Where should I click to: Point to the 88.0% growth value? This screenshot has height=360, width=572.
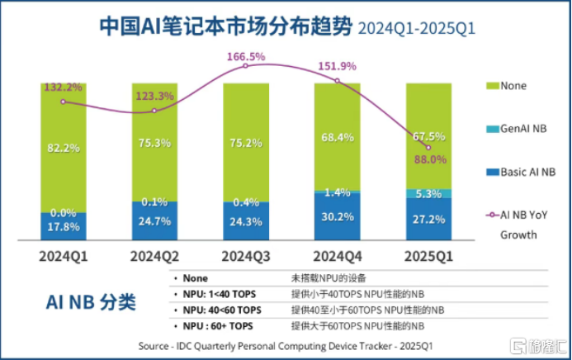click(x=428, y=160)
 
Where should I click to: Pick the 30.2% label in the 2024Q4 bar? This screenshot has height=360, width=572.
click(x=337, y=216)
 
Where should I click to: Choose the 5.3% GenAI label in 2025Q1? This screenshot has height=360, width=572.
click(x=428, y=194)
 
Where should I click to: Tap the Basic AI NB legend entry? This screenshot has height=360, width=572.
click(x=526, y=172)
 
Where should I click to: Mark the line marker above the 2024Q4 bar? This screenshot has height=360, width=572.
click(x=337, y=80)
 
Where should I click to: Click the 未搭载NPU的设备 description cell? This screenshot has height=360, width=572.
click(x=327, y=278)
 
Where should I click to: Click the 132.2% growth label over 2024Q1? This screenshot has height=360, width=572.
click(x=64, y=88)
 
